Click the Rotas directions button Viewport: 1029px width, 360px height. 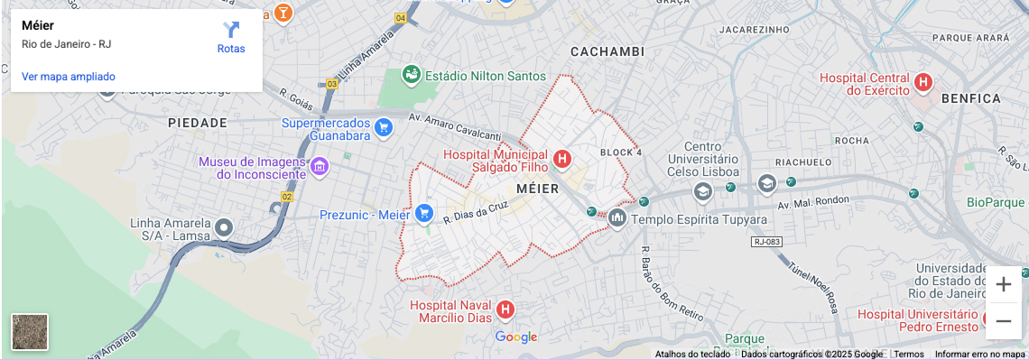(231, 37)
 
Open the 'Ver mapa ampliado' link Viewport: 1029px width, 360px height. (69, 77)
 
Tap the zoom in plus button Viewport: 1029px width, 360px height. (1003, 285)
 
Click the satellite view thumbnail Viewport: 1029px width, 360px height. (30, 332)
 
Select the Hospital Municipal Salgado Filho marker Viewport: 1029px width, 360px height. (562, 160)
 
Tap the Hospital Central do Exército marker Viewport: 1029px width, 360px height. (922, 83)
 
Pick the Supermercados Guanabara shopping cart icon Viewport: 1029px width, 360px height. (384, 127)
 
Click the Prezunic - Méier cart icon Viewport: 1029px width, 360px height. (424, 214)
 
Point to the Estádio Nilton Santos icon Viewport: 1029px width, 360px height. (412, 75)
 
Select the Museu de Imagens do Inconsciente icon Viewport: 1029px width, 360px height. (318, 167)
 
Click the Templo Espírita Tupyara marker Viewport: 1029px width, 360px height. (617, 217)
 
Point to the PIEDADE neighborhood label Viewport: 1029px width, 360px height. (198, 122)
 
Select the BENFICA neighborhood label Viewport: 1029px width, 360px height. (970, 97)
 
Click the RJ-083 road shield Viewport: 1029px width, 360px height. (765, 242)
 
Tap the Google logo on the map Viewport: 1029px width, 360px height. (516, 337)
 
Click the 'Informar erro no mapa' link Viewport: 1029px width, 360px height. (979, 355)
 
